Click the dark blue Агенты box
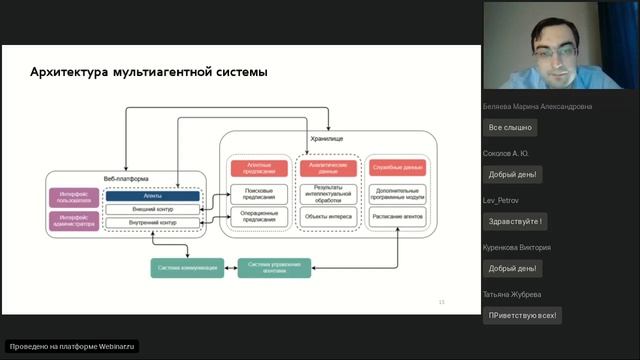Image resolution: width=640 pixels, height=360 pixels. click(x=153, y=196)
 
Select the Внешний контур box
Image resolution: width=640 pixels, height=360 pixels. click(x=153, y=209)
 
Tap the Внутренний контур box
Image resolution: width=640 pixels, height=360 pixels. click(x=153, y=222)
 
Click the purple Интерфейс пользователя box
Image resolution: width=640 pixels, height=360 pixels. click(x=73, y=196)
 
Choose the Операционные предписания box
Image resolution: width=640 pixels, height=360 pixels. click(x=259, y=215)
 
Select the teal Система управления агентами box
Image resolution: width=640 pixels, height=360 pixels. click(x=274, y=267)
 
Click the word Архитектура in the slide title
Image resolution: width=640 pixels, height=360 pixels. click(x=69, y=72)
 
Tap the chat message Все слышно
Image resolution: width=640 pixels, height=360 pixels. click(x=509, y=128)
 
